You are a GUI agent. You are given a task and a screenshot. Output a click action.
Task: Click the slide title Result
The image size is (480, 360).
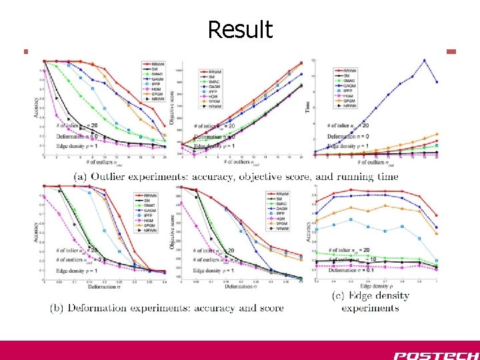click(239, 29)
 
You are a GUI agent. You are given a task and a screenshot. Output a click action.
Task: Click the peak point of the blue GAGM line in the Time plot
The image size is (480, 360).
click(424, 60)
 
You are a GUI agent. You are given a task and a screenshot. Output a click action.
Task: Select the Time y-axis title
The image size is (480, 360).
click(309, 107)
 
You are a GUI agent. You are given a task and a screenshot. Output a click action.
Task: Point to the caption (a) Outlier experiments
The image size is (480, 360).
click(235, 176)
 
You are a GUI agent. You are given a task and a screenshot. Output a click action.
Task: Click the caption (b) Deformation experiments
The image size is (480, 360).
click(167, 308)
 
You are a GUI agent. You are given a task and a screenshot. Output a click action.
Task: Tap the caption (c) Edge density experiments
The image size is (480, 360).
click(370, 301)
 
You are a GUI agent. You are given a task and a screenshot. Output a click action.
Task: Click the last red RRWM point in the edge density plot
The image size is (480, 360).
click(435, 215)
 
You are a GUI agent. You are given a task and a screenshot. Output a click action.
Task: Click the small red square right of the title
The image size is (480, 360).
click(451, 51)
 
